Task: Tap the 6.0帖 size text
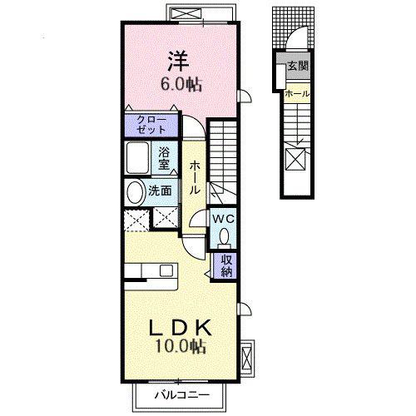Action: pyautogui.click(x=181, y=84)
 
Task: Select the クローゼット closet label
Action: pyautogui.click(x=151, y=125)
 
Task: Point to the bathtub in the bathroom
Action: pyautogui.click(x=137, y=158)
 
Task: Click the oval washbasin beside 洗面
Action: pyautogui.click(x=136, y=193)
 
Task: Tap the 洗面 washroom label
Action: pyautogui.click(x=160, y=191)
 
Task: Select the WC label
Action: pyautogui.click(x=223, y=219)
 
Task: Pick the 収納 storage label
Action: pyautogui.click(x=226, y=265)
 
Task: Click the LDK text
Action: pyautogui.click(x=181, y=328)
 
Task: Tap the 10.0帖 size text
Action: pyautogui.click(x=181, y=346)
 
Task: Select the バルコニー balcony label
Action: pyautogui.click(x=182, y=394)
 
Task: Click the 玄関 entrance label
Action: pyautogui.click(x=298, y=66)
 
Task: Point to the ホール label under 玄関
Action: pyautogui.click(x=297, y=94)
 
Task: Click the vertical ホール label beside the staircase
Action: pyautogui.click(x=195, y=177)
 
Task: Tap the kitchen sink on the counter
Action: pyautogui.click(x=166, y=270)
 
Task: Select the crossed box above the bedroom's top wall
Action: pyautogui.click(x=186, y=13)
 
